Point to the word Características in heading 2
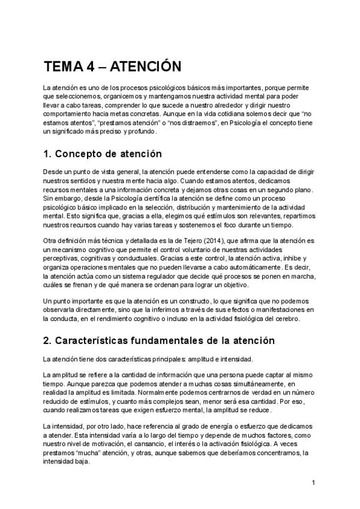pyautogui.click(x=101, y=341)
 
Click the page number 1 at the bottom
pyautogui.click(x=314, y=483)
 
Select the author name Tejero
pyautogui.click(x=195, y=240)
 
